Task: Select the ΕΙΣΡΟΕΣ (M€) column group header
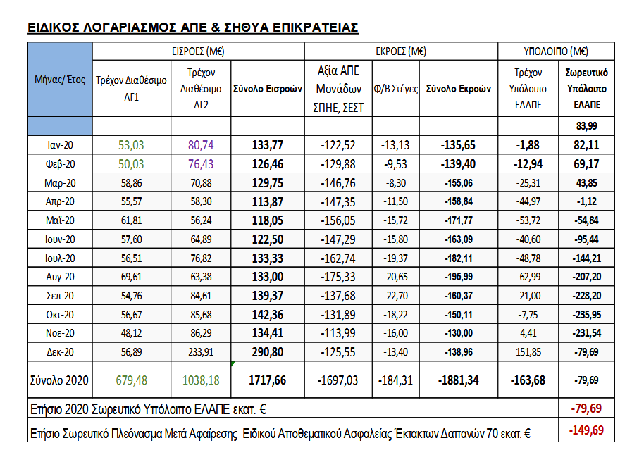[198, 51]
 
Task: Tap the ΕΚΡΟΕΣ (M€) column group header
[401, 51]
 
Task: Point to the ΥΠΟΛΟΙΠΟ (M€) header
[556, 51]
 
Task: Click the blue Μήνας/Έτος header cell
[60, 80]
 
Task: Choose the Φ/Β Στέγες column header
[395, 89]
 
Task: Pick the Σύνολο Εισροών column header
[267, 89]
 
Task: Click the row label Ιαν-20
[60, 145]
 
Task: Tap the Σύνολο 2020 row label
[60, 380]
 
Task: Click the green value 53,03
[131, 145]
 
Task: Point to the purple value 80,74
[200, 145]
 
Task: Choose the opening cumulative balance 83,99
[587, 126]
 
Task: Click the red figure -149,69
[587, 430]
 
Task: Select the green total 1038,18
[200, 380]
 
